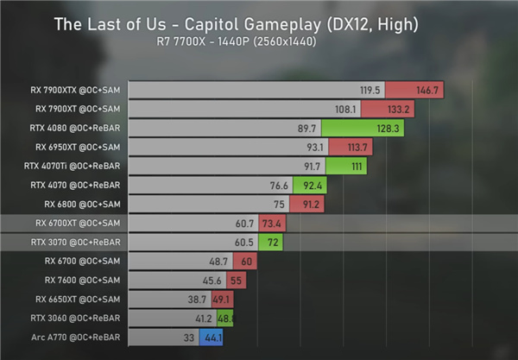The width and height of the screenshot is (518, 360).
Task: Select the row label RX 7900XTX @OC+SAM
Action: point(74,90)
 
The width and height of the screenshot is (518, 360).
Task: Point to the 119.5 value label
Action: point(370,90)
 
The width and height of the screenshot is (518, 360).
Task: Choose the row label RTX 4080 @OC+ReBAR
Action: point(75,128)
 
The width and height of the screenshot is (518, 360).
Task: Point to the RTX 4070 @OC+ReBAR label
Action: point(75,185)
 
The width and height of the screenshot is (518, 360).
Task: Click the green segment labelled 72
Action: point(271,242)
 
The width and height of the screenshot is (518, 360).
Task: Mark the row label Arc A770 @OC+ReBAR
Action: point(76,338)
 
